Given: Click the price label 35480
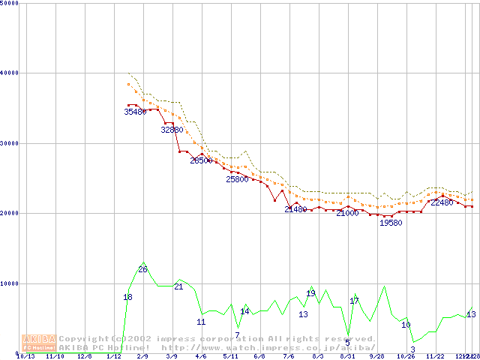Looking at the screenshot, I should (x=135, y=112).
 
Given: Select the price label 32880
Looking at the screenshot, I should (x=172, y=130).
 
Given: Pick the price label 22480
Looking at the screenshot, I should (x=441, y=202).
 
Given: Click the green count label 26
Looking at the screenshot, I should (x=142, y=269).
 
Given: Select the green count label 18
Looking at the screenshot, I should (x=127, y=298).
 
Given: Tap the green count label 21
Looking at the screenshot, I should (x=178, y=286).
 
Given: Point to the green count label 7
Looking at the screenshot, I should (x=237, y=335).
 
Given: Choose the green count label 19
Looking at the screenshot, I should (x=310, y=293).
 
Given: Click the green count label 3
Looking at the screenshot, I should (x=412, y=349).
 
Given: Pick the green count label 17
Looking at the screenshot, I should (x=355, y=301).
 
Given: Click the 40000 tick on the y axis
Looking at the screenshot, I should (x=9, y=73).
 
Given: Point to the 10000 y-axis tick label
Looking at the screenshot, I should (x=9, y=283).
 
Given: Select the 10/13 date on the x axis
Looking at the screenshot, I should (x=25, y=357).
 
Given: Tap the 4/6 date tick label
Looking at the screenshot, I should (x=201, y=357).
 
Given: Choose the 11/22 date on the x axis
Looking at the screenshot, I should (x=435, y=357).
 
